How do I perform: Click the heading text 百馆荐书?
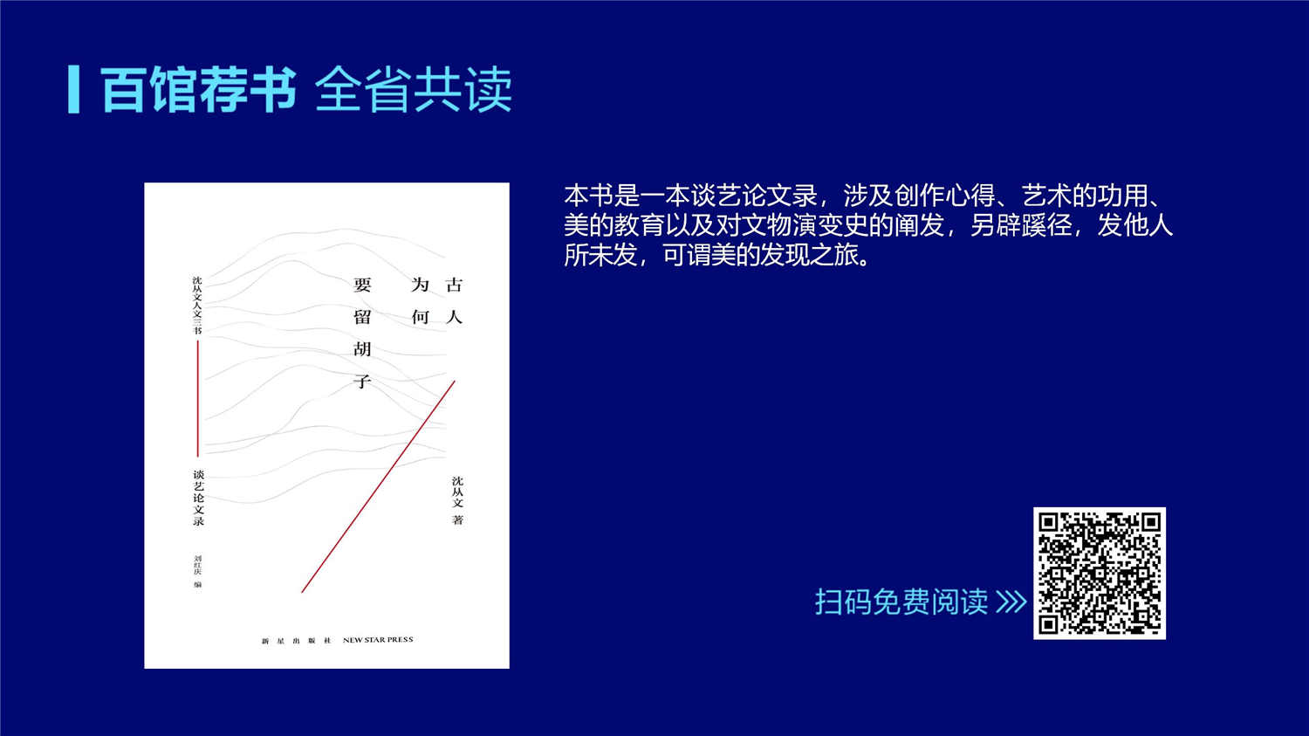pos(199,89)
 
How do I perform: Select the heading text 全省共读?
pos(414,89)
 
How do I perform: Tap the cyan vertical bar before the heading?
pos(73,89)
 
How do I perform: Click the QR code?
pos(1100,573)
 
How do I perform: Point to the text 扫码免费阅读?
pos(901,602)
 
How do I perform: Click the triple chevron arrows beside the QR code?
pos(1011,602)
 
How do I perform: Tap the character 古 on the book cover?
pos(454,285)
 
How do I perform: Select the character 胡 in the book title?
pos(362,349)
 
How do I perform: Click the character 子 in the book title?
pos(362,382)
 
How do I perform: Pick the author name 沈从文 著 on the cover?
pos(457,500)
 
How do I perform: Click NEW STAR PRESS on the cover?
pos(378,640)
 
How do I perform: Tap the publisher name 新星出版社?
pos(297,641)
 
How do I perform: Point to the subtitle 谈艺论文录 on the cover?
pos(199,498)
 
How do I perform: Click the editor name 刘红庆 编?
pos(198,571)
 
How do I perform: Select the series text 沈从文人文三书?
pos(197,305)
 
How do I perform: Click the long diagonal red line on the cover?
pos(378,486)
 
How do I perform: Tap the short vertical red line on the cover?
pos(198,398)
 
